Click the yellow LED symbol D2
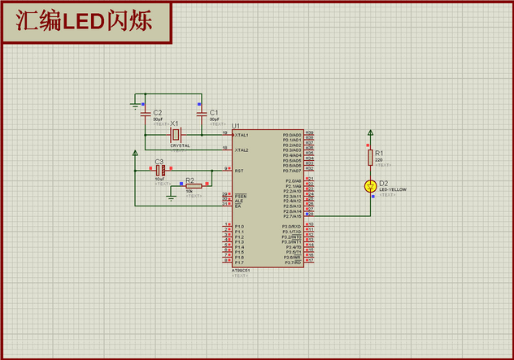click(x=371, y=187)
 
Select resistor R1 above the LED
click(x=371, y=156)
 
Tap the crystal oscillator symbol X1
click(x=174, y=134)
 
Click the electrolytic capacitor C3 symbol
click(x=160, y=171)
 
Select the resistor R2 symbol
click(x=193, y=186)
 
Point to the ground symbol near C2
click(x=136, y=104)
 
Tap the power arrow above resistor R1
click(x=371, y=132)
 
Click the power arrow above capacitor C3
click(x=136, y=153)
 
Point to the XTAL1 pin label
click(x=242, y=135)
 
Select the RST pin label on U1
click(x=239, y=171)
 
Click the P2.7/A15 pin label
click(x=292, y=216)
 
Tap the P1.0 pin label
click(x=239, y=227)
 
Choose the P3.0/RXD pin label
click(x=292, y=227)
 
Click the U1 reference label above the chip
click(x=236, y=126)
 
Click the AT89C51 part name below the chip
click(x=242, y=271)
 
